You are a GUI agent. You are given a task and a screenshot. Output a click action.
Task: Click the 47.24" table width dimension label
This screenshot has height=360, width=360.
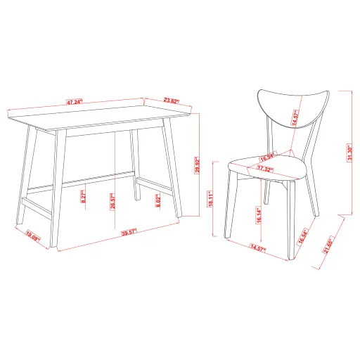(75, 102)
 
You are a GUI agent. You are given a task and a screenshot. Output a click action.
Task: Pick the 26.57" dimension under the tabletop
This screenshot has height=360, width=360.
(113, 202)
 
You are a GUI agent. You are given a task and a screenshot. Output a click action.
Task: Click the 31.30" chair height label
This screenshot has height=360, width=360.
(349, 152)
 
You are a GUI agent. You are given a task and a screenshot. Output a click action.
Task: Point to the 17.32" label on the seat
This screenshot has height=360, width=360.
(265, 169)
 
